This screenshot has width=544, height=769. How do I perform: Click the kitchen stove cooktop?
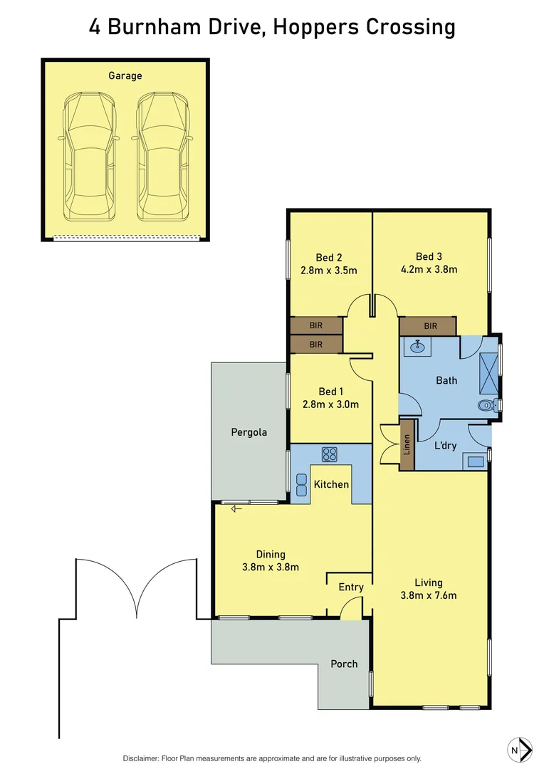click(x=329, y=454)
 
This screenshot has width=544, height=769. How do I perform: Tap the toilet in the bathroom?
click(x=486, y=406)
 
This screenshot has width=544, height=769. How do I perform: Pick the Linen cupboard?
click(x=407, y=451)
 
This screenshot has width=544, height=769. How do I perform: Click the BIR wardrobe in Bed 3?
click(x=427, y=326)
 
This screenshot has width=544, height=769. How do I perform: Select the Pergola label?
click(x=249, y=431)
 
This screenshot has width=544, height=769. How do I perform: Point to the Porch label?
click(x=344, y=664)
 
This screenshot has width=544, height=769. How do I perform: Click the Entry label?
click(x=351, y=587)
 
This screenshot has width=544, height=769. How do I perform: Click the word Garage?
click(x=125, y=75)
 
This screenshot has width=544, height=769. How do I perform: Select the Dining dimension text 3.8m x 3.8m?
click(x=271, y=567)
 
